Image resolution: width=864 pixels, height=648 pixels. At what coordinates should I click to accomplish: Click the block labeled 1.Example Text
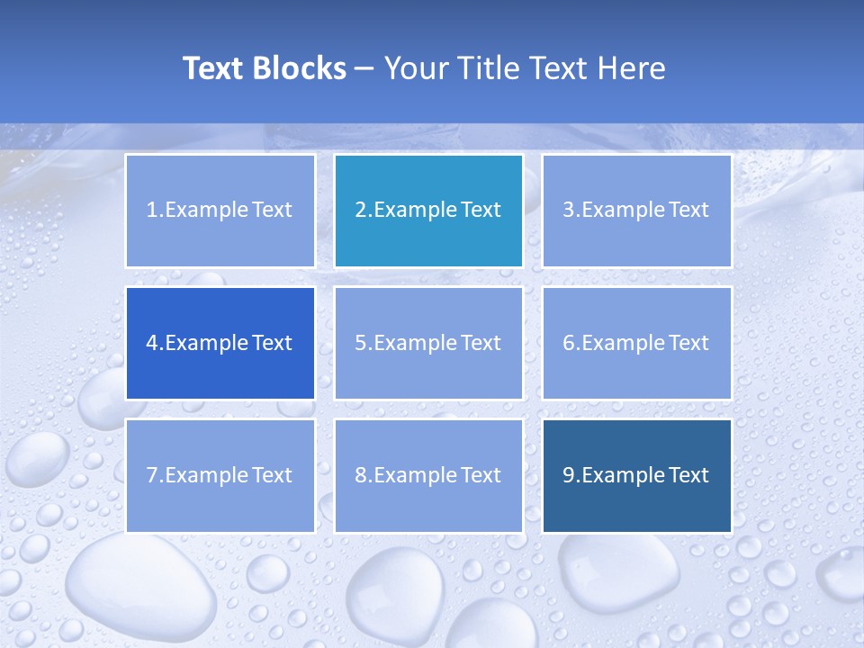(x=220, y=211)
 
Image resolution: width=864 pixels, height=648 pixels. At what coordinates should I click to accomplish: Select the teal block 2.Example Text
(x=428, y=211)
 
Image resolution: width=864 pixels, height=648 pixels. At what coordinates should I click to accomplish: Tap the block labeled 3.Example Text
(x=636, y=211)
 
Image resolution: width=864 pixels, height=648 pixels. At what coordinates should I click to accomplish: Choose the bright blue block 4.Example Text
(x=220, y=343)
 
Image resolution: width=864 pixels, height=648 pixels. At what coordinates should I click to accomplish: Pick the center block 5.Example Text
(x=428, y=343)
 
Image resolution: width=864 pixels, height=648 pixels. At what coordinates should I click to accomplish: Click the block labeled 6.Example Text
(x=636, y=343)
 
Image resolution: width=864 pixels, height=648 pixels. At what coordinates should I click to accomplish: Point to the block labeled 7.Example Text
(x=220, y=475)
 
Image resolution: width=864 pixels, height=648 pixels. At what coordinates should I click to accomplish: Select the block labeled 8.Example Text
(x=428, y=475)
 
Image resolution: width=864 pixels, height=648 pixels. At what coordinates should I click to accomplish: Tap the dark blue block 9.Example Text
(x=636, y=475)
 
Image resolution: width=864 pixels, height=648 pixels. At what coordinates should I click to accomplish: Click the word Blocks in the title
(x=300, y=68)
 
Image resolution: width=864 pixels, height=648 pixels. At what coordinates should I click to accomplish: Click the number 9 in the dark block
(x=569, y=475)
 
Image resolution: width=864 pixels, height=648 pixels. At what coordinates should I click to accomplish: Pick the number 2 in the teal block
(x=360, y=211)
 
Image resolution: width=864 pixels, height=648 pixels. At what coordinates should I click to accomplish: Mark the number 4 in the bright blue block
(x=152, y=343)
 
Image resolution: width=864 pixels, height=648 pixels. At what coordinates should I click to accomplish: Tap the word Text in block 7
(x=272, y=475)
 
